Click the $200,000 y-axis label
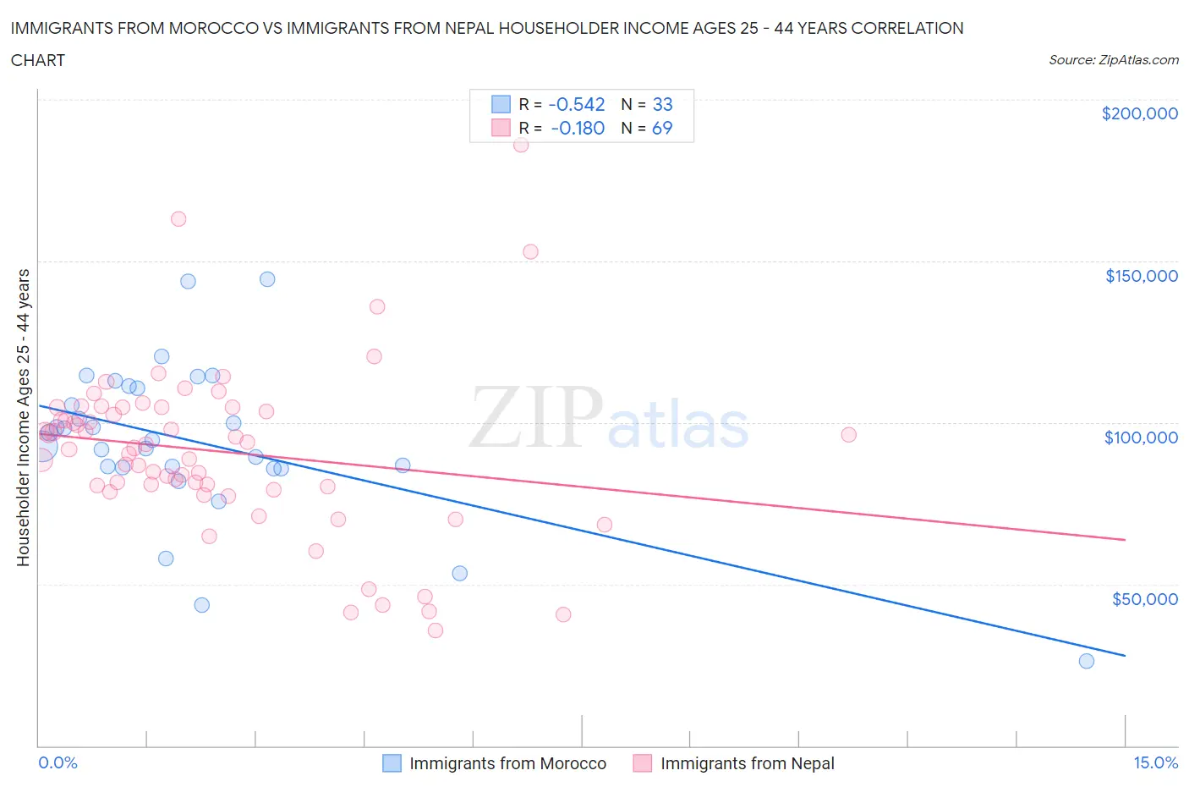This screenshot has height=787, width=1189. [1139, 113]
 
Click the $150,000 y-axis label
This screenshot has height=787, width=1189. [1141, 276]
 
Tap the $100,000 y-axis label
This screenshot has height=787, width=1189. [1141, 438]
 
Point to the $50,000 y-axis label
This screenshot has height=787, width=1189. [1144, 599]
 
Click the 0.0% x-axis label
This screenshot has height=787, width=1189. [58, 762]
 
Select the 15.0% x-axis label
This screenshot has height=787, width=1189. [1155, 762]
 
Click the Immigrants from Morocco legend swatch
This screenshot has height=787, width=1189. [392, 763]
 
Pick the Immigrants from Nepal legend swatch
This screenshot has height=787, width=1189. [643, 763]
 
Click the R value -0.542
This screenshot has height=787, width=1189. [577, 104]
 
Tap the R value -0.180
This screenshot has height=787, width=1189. [578, 128]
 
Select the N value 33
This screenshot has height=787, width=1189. [662, 104]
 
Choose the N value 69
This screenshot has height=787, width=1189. [662, 128]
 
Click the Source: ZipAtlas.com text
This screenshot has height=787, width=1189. [1113, 59]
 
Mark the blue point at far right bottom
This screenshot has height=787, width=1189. [1087, 661]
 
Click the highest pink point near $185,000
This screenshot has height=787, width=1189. [521, 145]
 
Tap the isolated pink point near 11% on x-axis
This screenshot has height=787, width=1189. [848, 434]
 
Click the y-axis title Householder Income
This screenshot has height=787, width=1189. [24, 417]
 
